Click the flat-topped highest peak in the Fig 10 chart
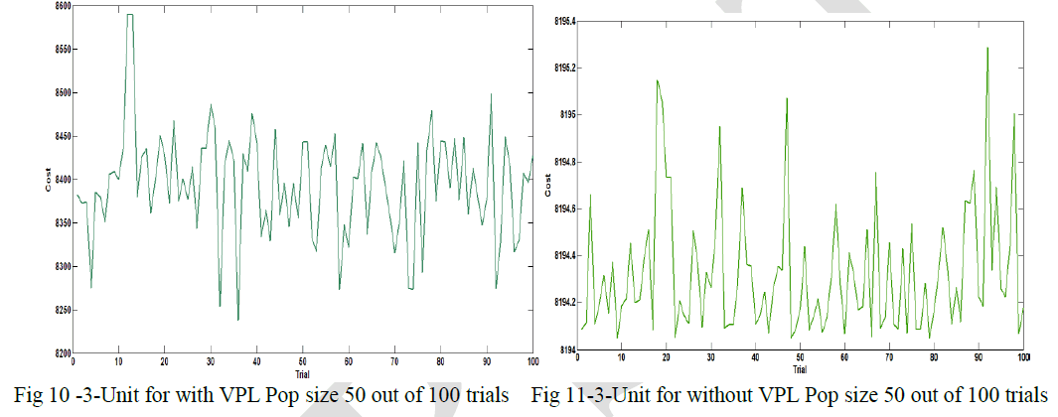click(129, 15)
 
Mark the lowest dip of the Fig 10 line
click(238, 320)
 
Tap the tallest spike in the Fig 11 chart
click(987, 48)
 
